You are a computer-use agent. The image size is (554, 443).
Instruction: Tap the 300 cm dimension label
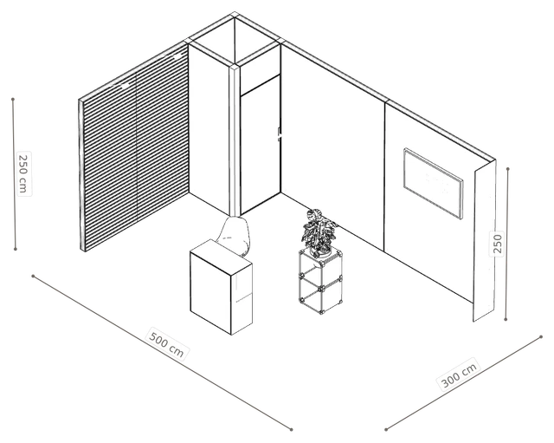pos(460,374)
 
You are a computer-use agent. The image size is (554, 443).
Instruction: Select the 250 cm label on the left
pos(23,173)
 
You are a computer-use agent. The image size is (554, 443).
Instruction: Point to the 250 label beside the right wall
pos(497,243)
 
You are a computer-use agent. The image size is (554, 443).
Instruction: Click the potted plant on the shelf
pos(319,232)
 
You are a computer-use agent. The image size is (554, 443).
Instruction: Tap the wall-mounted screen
pos(433,183)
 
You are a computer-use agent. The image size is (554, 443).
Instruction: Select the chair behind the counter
pos(235,235)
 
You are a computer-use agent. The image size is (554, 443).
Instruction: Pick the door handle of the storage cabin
pos(280,134)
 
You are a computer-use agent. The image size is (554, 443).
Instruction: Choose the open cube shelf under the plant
pos(320,281)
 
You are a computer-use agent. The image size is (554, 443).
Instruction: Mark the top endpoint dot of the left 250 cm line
pos(13,100)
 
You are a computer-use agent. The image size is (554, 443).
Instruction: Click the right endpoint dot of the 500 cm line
pos(292,429)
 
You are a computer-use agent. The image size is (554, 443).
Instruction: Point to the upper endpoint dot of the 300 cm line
pos(541,337)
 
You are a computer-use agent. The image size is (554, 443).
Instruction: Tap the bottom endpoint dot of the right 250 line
pos(506,319)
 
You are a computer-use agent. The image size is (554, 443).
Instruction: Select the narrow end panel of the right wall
pos(485,241)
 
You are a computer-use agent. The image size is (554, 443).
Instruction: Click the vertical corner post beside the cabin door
pos(235,140)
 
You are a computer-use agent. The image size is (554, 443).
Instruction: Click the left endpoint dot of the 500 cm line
pos(33,276)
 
